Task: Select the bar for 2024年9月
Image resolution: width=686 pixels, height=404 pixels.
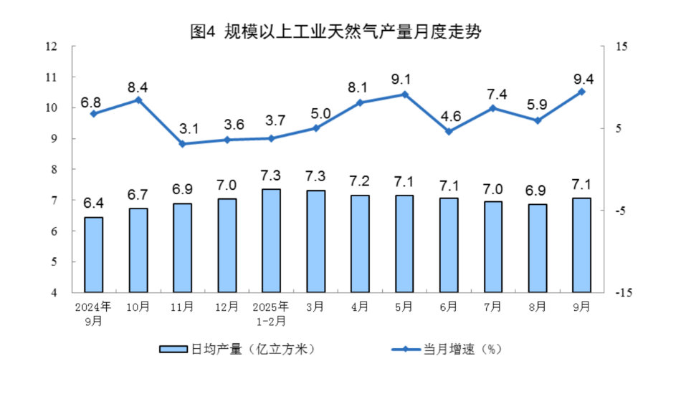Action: pyautogui.click(x=94, y=254)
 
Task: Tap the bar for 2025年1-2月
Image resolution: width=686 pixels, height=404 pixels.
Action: pyautogui.click(x=271, y=241)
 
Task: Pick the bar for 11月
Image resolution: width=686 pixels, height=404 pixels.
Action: pyautogui.click(x=182, y=248)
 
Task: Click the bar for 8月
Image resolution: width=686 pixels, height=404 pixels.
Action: pyautogui.click(x=538, y=248)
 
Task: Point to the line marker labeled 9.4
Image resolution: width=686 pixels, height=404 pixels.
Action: pyautogui.click(x=582, y=92)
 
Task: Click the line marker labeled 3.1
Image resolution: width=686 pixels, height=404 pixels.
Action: pyautogui.click(x=182, y=144)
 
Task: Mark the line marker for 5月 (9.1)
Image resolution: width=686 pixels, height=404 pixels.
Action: pyautogui.click(x=404, y=94)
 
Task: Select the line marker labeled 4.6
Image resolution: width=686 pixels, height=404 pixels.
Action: pyautogui.click(x=449, y=131)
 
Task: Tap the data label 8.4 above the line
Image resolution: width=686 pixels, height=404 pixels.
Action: pyautogui.click(x=138, y=87)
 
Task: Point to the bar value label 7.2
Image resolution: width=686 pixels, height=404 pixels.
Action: pyautogui.click(x=360, y=181)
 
